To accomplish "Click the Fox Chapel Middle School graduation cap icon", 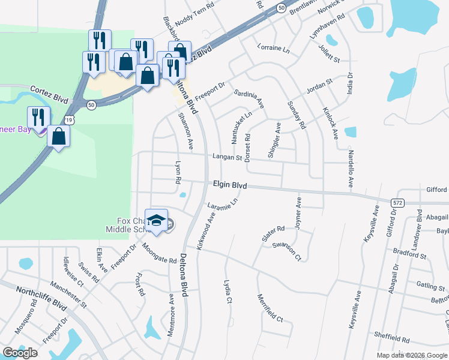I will click(156, 221).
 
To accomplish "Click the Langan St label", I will click(226, 158).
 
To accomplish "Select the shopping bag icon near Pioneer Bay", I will click(59, 137).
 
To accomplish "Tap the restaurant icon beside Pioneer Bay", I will click(38, 118).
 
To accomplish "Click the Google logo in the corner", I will click(20, 353).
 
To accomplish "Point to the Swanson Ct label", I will click(286, 248).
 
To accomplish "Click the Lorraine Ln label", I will click(273, 48).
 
